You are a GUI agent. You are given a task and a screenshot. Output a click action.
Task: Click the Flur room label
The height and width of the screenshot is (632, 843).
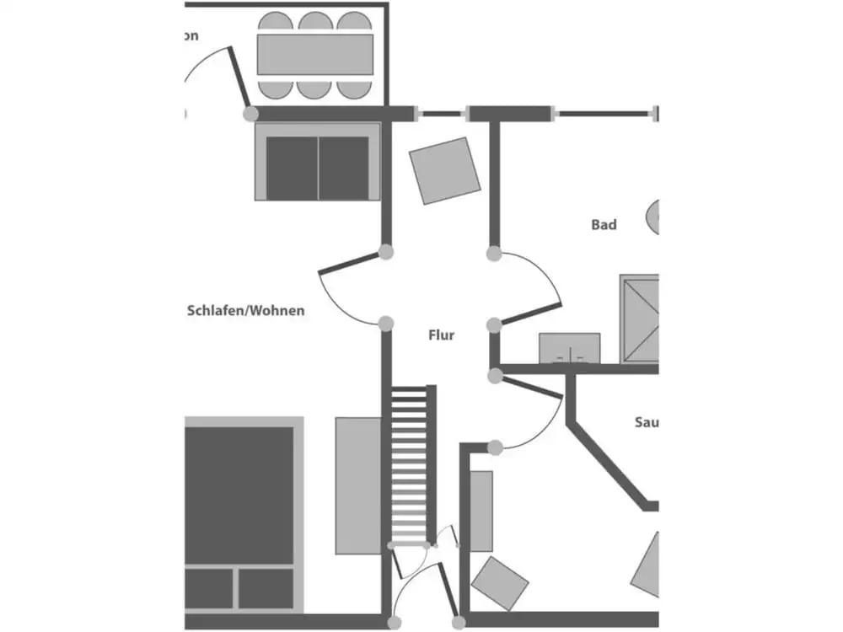pyautogui.click(x=441, y=335)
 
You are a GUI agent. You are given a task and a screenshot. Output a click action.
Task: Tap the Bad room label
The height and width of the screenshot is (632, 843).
pyautogui.click(x=604, y=225)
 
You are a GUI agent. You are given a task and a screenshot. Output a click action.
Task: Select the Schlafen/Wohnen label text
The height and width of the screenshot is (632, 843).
pyautogui.click(x=245, y=311)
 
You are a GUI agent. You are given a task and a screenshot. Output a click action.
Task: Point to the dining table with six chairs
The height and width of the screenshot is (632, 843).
pyautogui.click(x=314, y=54)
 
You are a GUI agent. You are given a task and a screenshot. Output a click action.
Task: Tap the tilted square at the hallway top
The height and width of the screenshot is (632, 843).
pyautogui.click(x=444, y=170)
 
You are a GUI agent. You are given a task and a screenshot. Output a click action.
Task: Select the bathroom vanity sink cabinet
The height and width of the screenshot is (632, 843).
pyautogui.click(x=570, y=348)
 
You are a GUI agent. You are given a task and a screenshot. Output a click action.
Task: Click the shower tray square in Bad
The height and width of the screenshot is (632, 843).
pyautogui.click(x=640, y=318)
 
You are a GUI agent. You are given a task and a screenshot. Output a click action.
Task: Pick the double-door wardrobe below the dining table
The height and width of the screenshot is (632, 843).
pyautogui.click(x=318, y=167)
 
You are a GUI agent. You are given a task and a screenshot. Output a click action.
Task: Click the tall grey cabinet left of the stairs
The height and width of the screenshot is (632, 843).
pyautogui.click(x=358, y=485)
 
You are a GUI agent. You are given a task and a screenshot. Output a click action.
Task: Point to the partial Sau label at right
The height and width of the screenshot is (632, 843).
pyautogui.click(x=646, y=422)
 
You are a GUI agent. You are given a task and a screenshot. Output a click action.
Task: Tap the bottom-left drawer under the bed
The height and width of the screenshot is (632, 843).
pyautogui.click(x=208, y=588)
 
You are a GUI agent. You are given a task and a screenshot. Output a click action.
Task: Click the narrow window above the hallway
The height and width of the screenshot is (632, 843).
pyautogui.click(x=442, y=114)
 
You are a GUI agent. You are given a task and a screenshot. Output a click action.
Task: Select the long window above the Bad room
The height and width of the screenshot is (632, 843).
pyautogui.click(x=604, y=114)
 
